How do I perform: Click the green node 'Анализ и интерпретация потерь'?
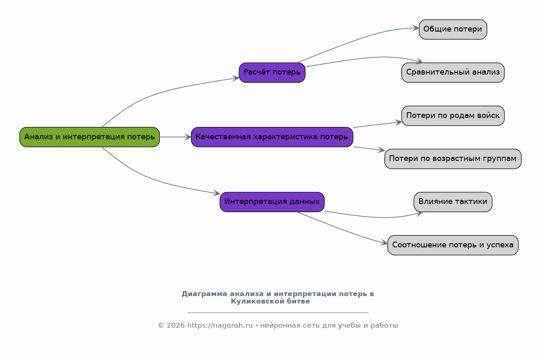[90, 137]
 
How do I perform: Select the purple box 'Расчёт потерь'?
[272, 72]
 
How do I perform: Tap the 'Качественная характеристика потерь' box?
[272, 137]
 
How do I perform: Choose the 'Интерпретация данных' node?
[272, 202]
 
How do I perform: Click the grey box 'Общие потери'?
[453, 29]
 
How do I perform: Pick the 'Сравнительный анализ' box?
[453, 72]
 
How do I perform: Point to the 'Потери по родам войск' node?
[453, 115]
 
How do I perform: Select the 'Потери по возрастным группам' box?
[453, 159]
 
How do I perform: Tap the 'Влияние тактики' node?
[453, 202]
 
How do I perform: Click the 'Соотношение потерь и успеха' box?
[453, 245]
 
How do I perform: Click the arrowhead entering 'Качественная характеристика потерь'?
[188, 137]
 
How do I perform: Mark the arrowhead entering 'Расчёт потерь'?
[236, 78]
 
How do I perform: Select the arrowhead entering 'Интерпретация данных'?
[216, 193]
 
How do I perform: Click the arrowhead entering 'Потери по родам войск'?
[398, 122]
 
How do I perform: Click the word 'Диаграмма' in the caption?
[205, 294]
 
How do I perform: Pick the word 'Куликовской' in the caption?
[257, 301]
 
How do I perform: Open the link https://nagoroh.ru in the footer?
[220, 325]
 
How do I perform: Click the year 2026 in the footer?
[175, 325]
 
